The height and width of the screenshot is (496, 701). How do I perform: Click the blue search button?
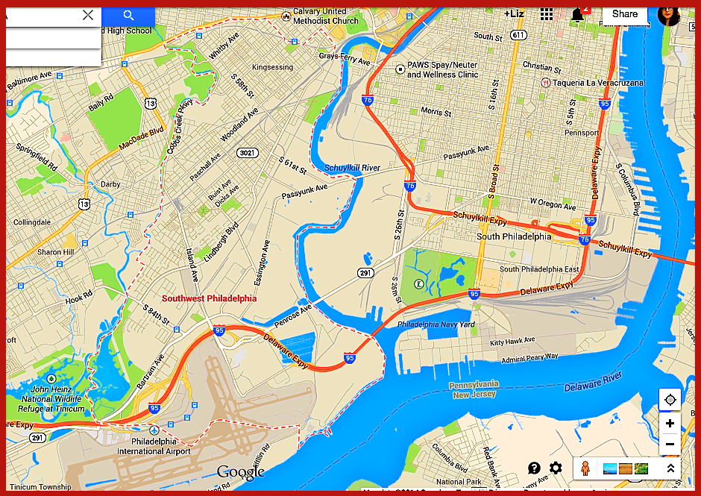[x=128, y=16]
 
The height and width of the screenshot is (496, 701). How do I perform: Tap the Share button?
[x=624, y=14]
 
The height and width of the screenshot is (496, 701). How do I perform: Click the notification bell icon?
[x=577, y=15]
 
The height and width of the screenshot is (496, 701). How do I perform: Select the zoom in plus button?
[x=670, y=424]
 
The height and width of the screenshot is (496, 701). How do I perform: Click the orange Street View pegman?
[x=586, y=468]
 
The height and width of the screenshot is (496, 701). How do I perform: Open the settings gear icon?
[x=556, y=468]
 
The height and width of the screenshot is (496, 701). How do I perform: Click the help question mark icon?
[x=534, y=468]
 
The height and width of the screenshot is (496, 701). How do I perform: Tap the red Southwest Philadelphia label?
[x=209, y=298]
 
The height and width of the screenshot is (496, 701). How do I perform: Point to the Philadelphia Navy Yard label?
[x=436, y=325]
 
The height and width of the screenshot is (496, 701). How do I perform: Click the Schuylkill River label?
[x=352, y=169]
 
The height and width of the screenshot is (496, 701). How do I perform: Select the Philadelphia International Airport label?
[x=154, y=446]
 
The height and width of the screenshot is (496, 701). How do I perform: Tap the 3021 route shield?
[x=246, y=153]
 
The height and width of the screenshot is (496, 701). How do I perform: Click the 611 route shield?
[x=518, y=35]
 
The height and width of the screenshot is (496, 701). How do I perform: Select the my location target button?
[x=670, y=400]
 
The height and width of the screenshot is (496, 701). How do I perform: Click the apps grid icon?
[x=547, y=15]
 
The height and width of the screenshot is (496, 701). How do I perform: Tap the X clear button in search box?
[x=88, y=15]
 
